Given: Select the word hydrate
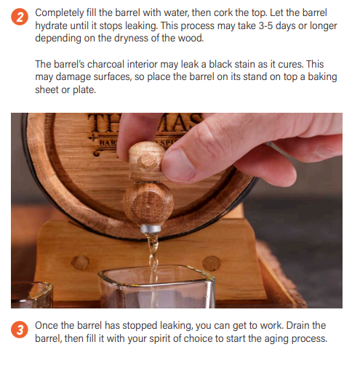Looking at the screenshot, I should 54,25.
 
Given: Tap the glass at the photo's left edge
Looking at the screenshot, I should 29,295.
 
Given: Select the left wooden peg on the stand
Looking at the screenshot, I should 81,262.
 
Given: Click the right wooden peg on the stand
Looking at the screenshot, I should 212,263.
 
